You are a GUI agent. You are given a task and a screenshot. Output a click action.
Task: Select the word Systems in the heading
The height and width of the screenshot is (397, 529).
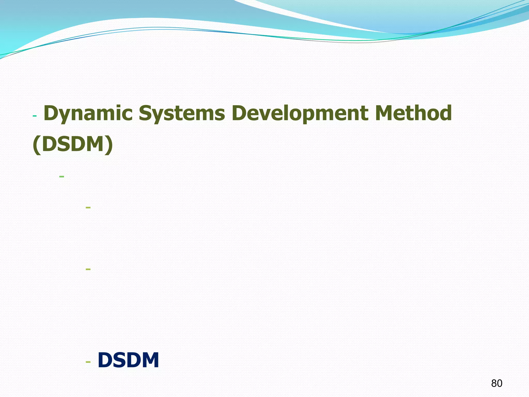(x=182, y=114)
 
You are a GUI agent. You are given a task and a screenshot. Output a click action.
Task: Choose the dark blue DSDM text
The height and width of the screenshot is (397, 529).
(x=128, y=360)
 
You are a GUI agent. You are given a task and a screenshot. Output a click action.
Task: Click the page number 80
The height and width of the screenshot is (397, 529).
(x=497, y=383)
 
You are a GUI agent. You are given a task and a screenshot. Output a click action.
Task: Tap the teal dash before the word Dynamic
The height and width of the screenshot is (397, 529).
(x=35, y=116)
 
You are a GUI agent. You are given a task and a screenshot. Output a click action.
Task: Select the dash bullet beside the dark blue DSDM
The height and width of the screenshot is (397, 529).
(x=88, y=362)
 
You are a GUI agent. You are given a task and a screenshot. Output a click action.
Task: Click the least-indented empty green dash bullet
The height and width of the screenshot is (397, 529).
(x=61, y=177)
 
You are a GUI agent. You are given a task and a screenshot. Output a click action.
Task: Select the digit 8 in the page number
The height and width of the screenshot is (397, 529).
(x=494, y=383)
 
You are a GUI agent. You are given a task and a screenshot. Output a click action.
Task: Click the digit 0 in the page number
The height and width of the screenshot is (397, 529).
(x=500, y=383)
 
